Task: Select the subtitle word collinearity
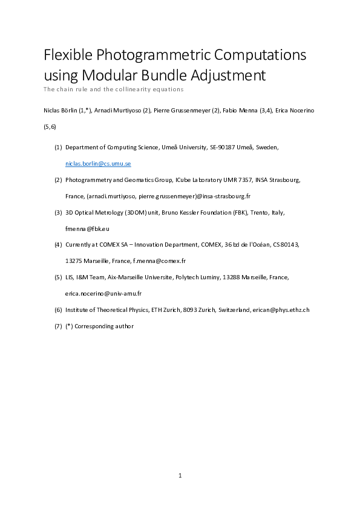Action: (146, 89)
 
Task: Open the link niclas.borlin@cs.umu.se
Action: (98, 164)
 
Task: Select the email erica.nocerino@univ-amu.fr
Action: (103, 294)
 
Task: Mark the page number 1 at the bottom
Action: (180, 476)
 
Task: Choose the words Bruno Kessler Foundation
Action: (195, 213)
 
